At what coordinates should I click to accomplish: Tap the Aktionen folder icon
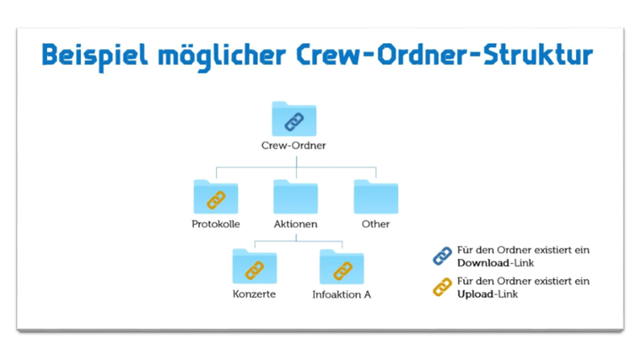(296, 196)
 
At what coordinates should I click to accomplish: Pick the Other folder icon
(375, 196)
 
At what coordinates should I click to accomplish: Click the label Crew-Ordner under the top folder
(293, 145)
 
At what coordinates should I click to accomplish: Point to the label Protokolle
(216, 224)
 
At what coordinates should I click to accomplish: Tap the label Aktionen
(296, 224)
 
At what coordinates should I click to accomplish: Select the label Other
(375, 224)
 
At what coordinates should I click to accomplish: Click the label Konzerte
(254, 294)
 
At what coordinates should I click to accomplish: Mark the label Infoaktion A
(341, 294)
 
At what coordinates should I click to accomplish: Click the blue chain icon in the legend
(442, 257)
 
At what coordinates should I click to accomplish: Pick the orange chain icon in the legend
(442, 287)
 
